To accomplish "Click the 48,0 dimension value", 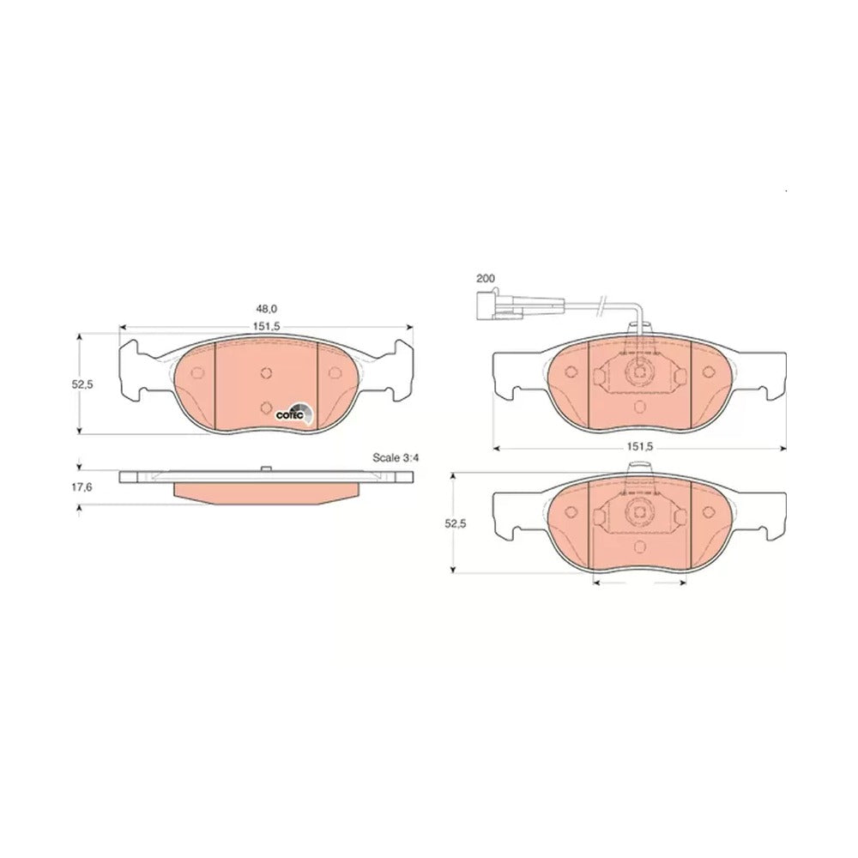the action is point(266,309).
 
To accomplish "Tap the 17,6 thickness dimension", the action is point(82,487).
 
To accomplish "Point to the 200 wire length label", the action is point(486,279).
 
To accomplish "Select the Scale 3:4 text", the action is point(396,458).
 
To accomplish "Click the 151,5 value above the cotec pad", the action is point(266,327).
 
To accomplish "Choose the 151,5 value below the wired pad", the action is point(640,447).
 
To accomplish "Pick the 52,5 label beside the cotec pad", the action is point(82,384).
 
